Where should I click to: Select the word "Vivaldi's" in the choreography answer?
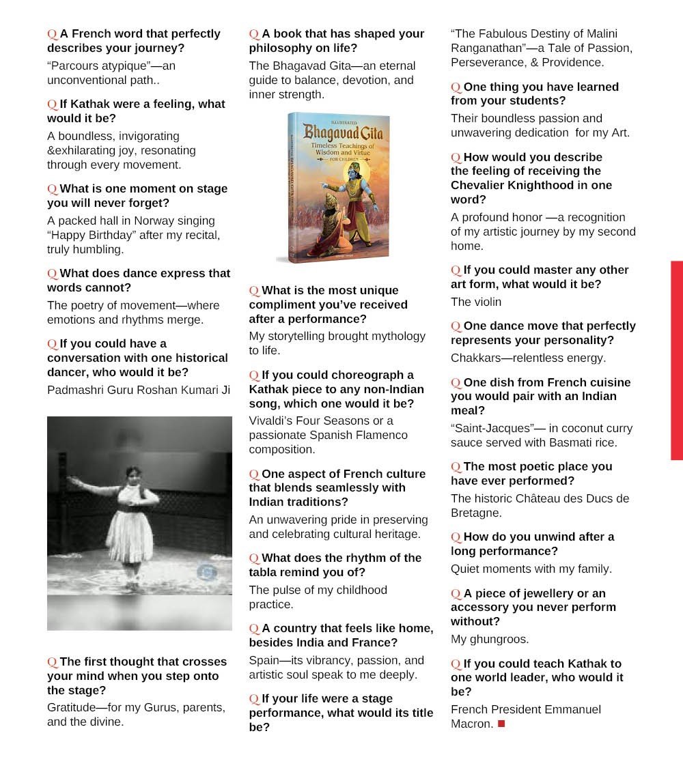pyautogui.click(x=275, y=420)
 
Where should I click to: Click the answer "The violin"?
pyautogui.click(x=476, y=302)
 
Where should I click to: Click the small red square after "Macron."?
pyautogui.click(x=501, y=724)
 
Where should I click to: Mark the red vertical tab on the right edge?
pyautogui.click(x=676, y=360)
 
